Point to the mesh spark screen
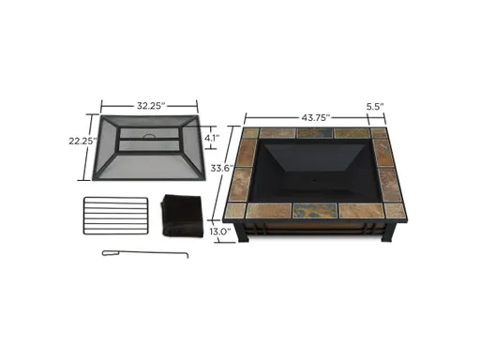[145, 155]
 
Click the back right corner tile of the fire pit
[380, 134]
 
